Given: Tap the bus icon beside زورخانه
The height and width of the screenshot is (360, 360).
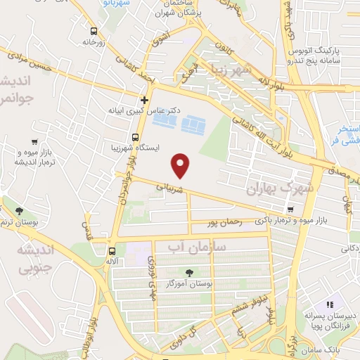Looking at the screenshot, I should (x=94, y=30).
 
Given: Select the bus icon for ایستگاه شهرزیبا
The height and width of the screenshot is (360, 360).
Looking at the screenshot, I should (x=135, y=137).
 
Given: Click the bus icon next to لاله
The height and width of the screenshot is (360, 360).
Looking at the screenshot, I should (x=112, y=251).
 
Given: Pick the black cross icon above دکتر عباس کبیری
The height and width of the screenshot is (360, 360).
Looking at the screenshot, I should (x=144, y=99).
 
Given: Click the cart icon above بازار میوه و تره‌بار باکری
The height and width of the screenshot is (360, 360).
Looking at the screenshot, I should (x=290, y=209).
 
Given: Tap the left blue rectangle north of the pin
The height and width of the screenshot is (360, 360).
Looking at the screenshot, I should (x=165, y=122).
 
